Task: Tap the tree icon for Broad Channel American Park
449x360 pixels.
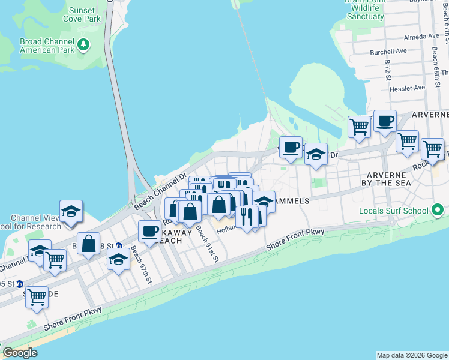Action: [84, 44]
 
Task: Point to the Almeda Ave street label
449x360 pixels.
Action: [421, 37]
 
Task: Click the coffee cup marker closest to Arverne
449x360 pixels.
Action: [384, 121]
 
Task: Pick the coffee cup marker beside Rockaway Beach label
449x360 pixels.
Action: [149, 230]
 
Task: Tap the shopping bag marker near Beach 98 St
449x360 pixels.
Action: [88, 243]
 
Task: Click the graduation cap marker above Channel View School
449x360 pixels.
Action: [71, 211]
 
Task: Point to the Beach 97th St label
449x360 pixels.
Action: [142, 265]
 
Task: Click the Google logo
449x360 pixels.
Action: [20, 353]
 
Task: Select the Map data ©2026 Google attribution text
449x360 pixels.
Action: [411, 355]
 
